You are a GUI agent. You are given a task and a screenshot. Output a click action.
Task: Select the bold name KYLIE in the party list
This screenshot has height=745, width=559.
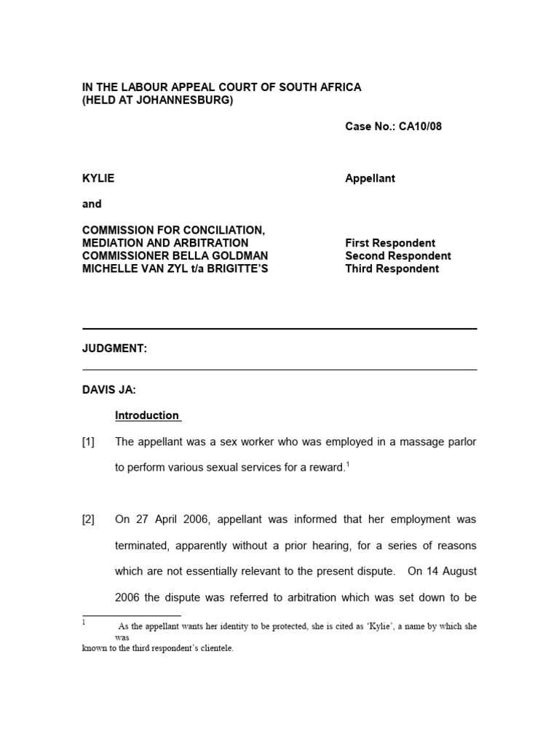point(98,178)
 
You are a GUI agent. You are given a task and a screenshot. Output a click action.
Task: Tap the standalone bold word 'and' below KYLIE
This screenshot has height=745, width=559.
point(92,204)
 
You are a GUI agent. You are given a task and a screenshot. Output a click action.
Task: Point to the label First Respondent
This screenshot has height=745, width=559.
point(390,243)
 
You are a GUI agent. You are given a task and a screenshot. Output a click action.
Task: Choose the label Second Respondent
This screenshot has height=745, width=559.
point(397,256)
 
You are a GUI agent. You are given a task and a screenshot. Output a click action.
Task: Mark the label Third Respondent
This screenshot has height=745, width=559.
point(392,268)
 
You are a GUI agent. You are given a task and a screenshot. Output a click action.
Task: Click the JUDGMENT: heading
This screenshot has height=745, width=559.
point(114,348)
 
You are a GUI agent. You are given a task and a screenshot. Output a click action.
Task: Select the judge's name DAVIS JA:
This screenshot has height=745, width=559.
point(108,390)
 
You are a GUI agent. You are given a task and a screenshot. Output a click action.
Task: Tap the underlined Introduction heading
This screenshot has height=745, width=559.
point(147,415)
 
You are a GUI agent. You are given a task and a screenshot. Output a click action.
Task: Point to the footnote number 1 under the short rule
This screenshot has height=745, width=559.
point(84,623)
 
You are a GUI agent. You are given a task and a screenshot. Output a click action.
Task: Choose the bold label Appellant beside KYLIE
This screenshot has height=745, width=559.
point(370,178)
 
